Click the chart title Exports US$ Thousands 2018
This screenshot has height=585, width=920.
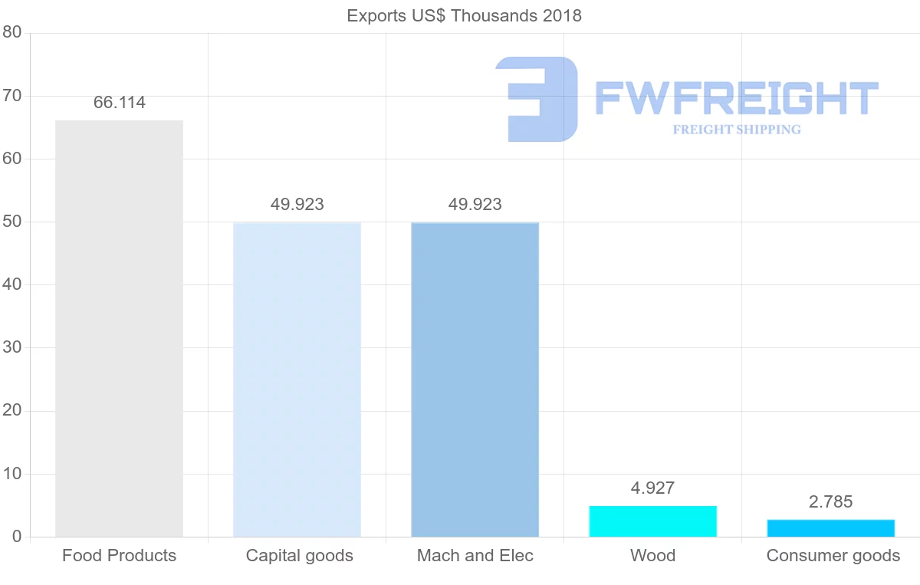tap(464, 15)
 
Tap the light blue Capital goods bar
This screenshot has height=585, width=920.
tap(297, 380)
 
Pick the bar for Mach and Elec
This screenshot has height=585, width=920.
tap(475, 380)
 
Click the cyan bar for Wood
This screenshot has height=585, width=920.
tap(652, 521)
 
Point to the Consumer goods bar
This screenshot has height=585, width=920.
tap(830, 528)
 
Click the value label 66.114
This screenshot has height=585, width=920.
tap(120, 103)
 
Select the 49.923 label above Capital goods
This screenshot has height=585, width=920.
tap(297, 205)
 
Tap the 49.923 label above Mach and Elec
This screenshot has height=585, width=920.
tap(475, 205)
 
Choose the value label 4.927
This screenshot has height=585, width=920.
tap(652, 488)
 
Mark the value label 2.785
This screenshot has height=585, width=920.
tap(830, 502)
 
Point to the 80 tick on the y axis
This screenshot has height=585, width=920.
tap(11, 32)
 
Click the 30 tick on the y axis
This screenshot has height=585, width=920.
tap(11, 347)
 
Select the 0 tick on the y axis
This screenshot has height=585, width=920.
tap(16, 537)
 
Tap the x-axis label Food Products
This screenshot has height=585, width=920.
tap(120, 556)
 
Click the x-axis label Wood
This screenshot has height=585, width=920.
tap(652, 556)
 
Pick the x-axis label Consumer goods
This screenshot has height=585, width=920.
tap(833, 556)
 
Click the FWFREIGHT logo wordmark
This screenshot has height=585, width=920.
tap(736, 98)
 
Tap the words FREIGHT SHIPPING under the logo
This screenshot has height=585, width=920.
tap(737, 130)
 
